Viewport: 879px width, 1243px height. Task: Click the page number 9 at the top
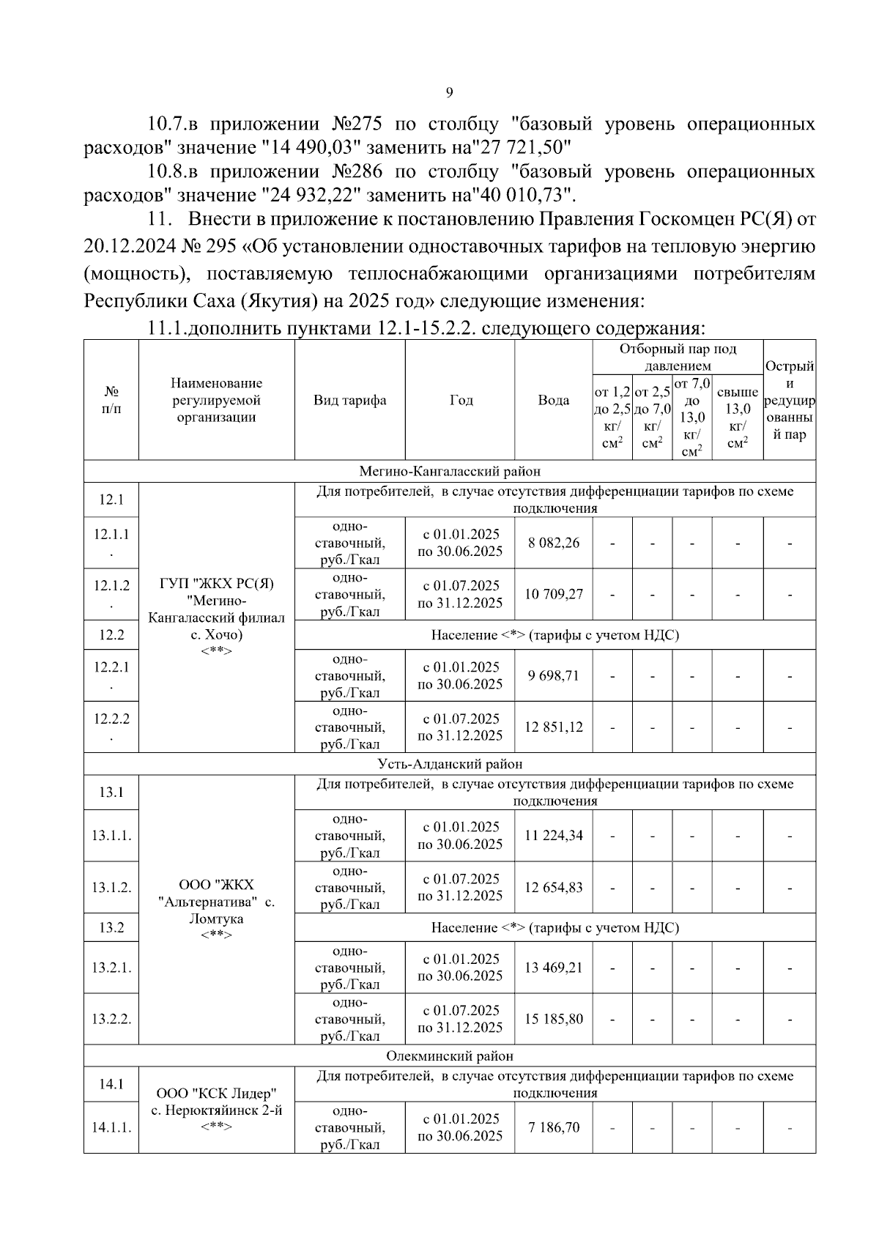tap(449, 92)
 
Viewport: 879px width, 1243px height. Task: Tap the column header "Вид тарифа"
tap(349, 400)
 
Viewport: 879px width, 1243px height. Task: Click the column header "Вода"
tap(553, 400)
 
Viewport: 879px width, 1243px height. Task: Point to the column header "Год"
tap(461, 400)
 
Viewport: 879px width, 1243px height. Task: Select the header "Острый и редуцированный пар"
tap(789, 400)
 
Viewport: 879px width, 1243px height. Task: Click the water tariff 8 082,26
tap(553, 543)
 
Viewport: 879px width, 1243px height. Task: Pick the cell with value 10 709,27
tap(553, 594)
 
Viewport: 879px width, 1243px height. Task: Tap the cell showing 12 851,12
tap(553, 727)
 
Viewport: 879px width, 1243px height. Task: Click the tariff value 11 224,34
tap(553, 835)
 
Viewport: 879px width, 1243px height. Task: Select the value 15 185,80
tap(553, 1019)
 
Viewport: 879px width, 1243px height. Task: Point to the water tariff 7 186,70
tap(553, 1127)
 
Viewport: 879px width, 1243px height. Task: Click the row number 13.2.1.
tap(111, 968)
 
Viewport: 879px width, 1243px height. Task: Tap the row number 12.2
tap(111, 635)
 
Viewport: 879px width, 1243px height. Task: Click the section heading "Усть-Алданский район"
tap(450, 764)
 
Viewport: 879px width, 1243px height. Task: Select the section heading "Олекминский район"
tap(450, 1055)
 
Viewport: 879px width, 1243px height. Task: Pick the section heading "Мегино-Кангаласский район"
tap(450, 471)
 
